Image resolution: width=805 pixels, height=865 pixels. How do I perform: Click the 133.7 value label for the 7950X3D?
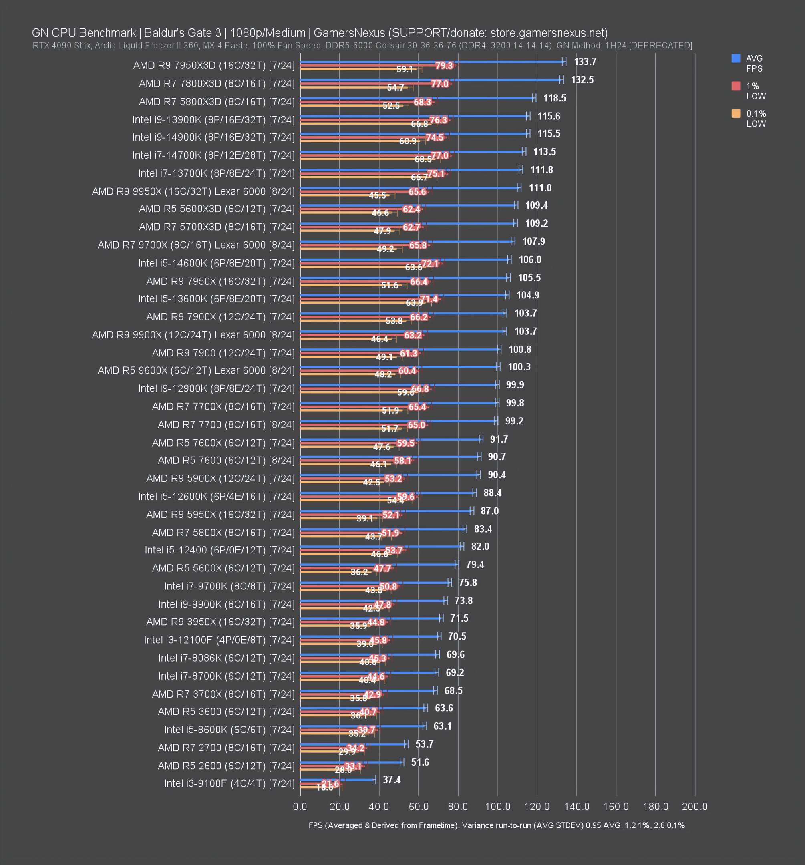tap(584, 62)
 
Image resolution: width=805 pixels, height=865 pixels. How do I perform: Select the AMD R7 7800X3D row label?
tap(216, 84)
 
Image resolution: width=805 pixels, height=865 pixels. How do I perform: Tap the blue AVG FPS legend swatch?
tap(735, 58)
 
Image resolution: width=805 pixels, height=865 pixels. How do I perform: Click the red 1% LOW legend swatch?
tap(735, 86)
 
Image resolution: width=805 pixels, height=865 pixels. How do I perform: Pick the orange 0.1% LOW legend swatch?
tap(735, 113)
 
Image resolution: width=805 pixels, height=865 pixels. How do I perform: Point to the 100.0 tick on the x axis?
tap(497, 806)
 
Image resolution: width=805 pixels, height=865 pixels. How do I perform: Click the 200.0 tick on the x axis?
tap(694, 806)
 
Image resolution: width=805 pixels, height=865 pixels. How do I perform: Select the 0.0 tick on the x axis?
tap(300, 806)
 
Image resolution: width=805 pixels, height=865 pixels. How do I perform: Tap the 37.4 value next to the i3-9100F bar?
tap(391, 780)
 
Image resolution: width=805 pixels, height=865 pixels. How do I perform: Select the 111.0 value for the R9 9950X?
tap(539, 188)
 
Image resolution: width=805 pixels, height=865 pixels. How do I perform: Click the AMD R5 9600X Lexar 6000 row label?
tap(196, 370)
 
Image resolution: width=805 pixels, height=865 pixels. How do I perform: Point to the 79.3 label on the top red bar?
tap(444, 66)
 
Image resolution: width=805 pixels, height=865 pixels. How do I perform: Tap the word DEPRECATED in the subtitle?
tap(660, 46)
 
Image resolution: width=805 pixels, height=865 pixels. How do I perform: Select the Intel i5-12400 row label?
tap(219, 550)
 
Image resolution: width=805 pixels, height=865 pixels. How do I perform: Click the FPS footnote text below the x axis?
tap(497, 825)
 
